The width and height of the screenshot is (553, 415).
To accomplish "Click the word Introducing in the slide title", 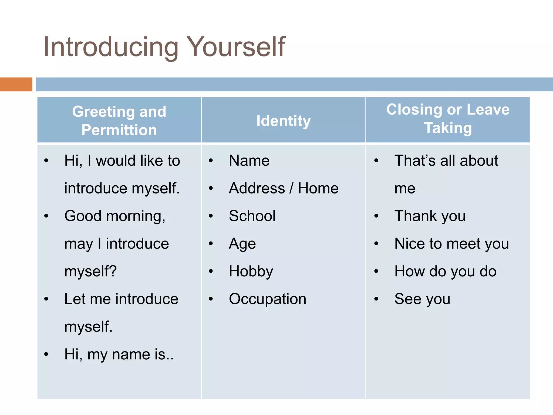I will coord(111,47).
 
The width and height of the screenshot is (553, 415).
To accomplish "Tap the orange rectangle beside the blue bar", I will coord(16,84).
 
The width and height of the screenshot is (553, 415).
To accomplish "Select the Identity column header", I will coord(284,121).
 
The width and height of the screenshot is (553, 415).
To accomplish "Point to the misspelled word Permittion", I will coord(119,130).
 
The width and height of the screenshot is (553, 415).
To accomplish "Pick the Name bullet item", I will coord(249,161).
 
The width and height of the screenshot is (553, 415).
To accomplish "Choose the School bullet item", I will coord(252,216).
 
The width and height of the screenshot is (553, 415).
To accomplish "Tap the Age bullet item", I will coord(242,244).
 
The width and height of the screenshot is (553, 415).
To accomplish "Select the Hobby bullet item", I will coord(251,272).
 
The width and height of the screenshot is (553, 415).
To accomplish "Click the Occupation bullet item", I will coord(268,299).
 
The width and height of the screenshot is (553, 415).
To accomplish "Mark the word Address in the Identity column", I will coord(257,188).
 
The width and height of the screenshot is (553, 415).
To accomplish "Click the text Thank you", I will coord(430,216).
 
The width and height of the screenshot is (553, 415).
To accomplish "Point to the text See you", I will coord(422,299).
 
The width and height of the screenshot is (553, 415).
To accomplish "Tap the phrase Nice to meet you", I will coord(451,244).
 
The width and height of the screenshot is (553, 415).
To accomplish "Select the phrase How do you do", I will coord(445,272).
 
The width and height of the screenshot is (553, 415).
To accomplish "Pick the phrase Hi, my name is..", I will coord(119,354).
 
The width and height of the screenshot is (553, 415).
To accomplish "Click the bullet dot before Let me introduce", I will coord(46,299).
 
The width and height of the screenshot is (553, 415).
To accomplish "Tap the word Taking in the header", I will coord(448,128).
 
